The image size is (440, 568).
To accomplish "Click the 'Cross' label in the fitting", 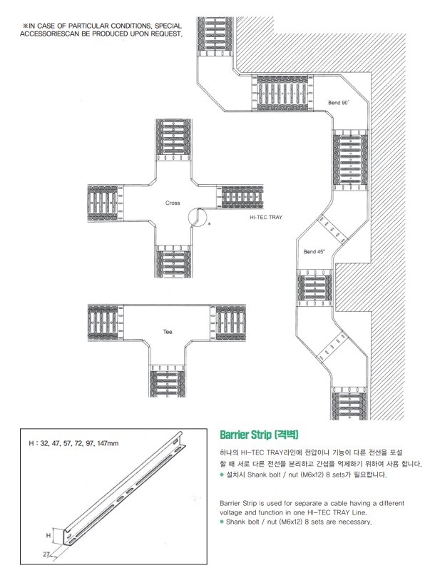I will (173, 203).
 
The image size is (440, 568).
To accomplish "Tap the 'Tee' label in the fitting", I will (168, 332).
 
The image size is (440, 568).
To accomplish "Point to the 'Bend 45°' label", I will (314, 252).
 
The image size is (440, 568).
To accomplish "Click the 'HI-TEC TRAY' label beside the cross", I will (266, 220).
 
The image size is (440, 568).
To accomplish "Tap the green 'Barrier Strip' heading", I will (252, 434).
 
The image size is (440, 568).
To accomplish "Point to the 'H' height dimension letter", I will (48, 534).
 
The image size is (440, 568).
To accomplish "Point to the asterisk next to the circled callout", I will (208, 225).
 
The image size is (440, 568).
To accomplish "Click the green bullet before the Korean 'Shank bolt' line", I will (222, 475).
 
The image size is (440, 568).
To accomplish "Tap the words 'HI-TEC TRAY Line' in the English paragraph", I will (334, 512).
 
